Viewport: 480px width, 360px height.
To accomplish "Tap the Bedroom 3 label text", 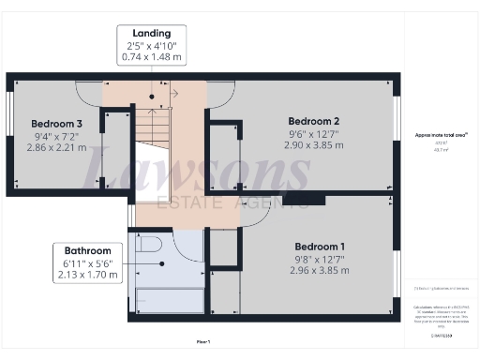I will pos(56,123).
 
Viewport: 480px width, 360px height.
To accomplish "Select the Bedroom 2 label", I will pos(313,122).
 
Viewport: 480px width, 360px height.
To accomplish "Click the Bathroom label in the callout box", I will pos(87,251).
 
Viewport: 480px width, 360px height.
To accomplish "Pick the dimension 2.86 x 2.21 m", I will pos(56,147).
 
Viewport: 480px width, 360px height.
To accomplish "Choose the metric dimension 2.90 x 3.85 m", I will pos(313,148).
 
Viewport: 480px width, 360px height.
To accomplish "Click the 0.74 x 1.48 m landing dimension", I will pos(152,58).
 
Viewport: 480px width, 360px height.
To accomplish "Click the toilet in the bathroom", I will pos(149,246).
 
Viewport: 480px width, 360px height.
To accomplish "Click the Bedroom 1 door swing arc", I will pos(254,215).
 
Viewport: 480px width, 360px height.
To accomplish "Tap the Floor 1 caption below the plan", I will pos(202,341).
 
